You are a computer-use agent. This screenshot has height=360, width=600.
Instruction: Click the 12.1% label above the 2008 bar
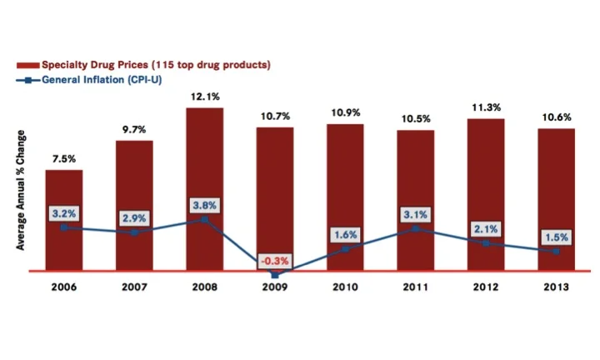pyautogui.click(x=204, y=95)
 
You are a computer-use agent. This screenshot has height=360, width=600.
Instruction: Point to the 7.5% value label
pyautogui.click(x=63, y=158)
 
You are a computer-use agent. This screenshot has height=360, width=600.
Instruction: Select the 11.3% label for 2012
pyautogui.click(x=486, y=106)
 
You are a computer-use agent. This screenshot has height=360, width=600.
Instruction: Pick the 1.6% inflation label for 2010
pyautogui.click(x=345, y=234)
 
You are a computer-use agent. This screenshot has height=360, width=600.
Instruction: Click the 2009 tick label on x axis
pyautogui.click(x=275, y=287)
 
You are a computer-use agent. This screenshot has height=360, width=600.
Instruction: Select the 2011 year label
pyautogui.click(x=415, y=287)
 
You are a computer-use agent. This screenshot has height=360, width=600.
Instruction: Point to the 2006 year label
pyautogui.click(x=63, y=287)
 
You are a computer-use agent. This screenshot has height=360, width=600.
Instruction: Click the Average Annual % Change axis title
pyautogui.click(x=22, y=190)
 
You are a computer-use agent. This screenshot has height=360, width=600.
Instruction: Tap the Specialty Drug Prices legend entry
pyautogui.click(x=142, y=64)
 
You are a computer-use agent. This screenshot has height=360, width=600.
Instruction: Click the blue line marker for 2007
pyautogui.click(x=134, y=232)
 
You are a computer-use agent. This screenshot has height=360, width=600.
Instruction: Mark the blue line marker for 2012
pyautogui.click(x=486, y=242)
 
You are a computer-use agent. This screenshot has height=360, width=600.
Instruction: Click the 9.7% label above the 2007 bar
pyautogui.click(x=134, y=128)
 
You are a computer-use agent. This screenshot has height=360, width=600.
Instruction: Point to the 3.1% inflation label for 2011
pyautogui.click(x=415, y=214)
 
